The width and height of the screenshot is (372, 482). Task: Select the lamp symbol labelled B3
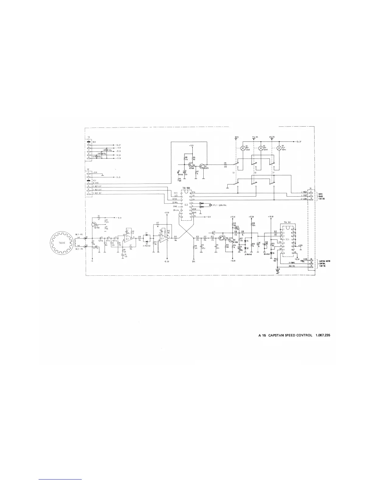242,149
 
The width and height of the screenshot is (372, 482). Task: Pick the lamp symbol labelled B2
260,149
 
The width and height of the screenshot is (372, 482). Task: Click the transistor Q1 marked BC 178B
94,225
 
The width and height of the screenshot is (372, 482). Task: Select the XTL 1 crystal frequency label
220,205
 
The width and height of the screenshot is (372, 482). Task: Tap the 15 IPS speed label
237,137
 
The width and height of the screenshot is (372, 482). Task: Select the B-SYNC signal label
95,183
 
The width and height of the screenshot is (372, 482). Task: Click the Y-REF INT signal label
97,193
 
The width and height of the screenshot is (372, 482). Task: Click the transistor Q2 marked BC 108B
191,166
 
